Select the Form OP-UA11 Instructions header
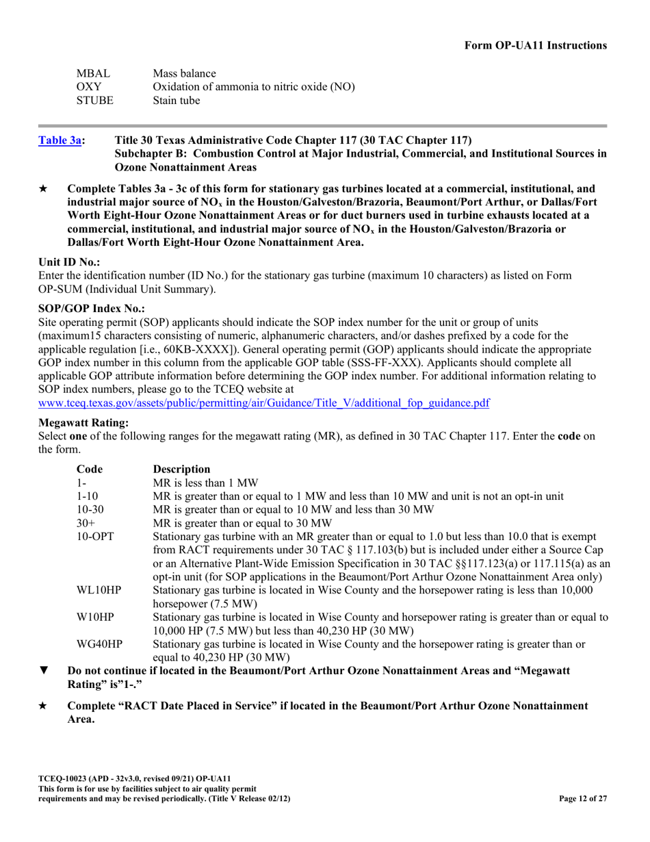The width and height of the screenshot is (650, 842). pyautogui.click(x=535, y=45)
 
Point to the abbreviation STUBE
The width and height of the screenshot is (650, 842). pyautogui.click(x=94, y=101)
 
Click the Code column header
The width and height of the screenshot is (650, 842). pyautogui.click(x=89, y=469)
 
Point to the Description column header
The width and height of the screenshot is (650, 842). pyautogui.click(x=181, y=469)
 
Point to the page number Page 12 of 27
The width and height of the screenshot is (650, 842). pyautogui.click(x=582, y=798)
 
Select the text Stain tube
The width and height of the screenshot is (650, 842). pyautogui.click(x=177, y=101)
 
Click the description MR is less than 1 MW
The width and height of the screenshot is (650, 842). pyautogui.click(x=205, y=483)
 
